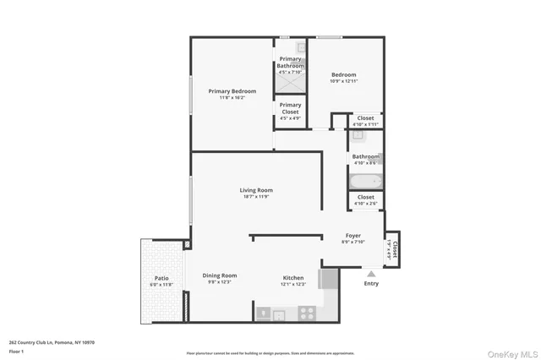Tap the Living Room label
[x=257, y=191]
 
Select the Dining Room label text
[x=219, y=275]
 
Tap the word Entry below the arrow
[x=371, y=283]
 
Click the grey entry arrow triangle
[x=370, y=273]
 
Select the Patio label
[x=161, y=278]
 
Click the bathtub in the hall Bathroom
[x=366, y=182]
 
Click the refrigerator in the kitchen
[x=328, y=279]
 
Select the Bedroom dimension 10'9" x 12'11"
[x=343, y=80]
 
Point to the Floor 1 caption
[x=17, y=351]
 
